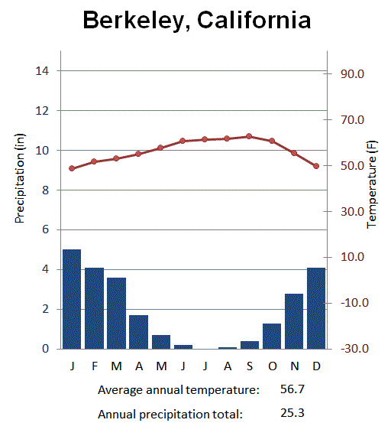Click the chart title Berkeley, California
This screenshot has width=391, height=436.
click(196, 20)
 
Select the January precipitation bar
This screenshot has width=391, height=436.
click(72, 299)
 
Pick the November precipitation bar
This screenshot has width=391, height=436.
click(294, 321)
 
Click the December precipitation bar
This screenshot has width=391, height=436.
click(316, 308)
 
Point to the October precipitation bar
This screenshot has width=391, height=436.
click(272, 336)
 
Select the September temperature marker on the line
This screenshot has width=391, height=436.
click(249, 136)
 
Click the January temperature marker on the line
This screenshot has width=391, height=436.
click(72, 168)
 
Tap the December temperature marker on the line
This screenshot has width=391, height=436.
click(316, 166)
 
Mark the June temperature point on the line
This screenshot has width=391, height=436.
click(183, 141)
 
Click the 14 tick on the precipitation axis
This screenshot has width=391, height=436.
click(43, 71)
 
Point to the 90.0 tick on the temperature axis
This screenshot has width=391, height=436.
click(347, 74)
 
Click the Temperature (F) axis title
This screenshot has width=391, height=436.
click(373, 184)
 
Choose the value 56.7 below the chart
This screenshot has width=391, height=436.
click(293, 389)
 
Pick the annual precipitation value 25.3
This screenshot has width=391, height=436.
click(293, 414)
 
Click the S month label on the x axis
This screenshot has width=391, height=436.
click(249, 366)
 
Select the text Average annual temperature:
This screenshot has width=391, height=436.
click(179, 390)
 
